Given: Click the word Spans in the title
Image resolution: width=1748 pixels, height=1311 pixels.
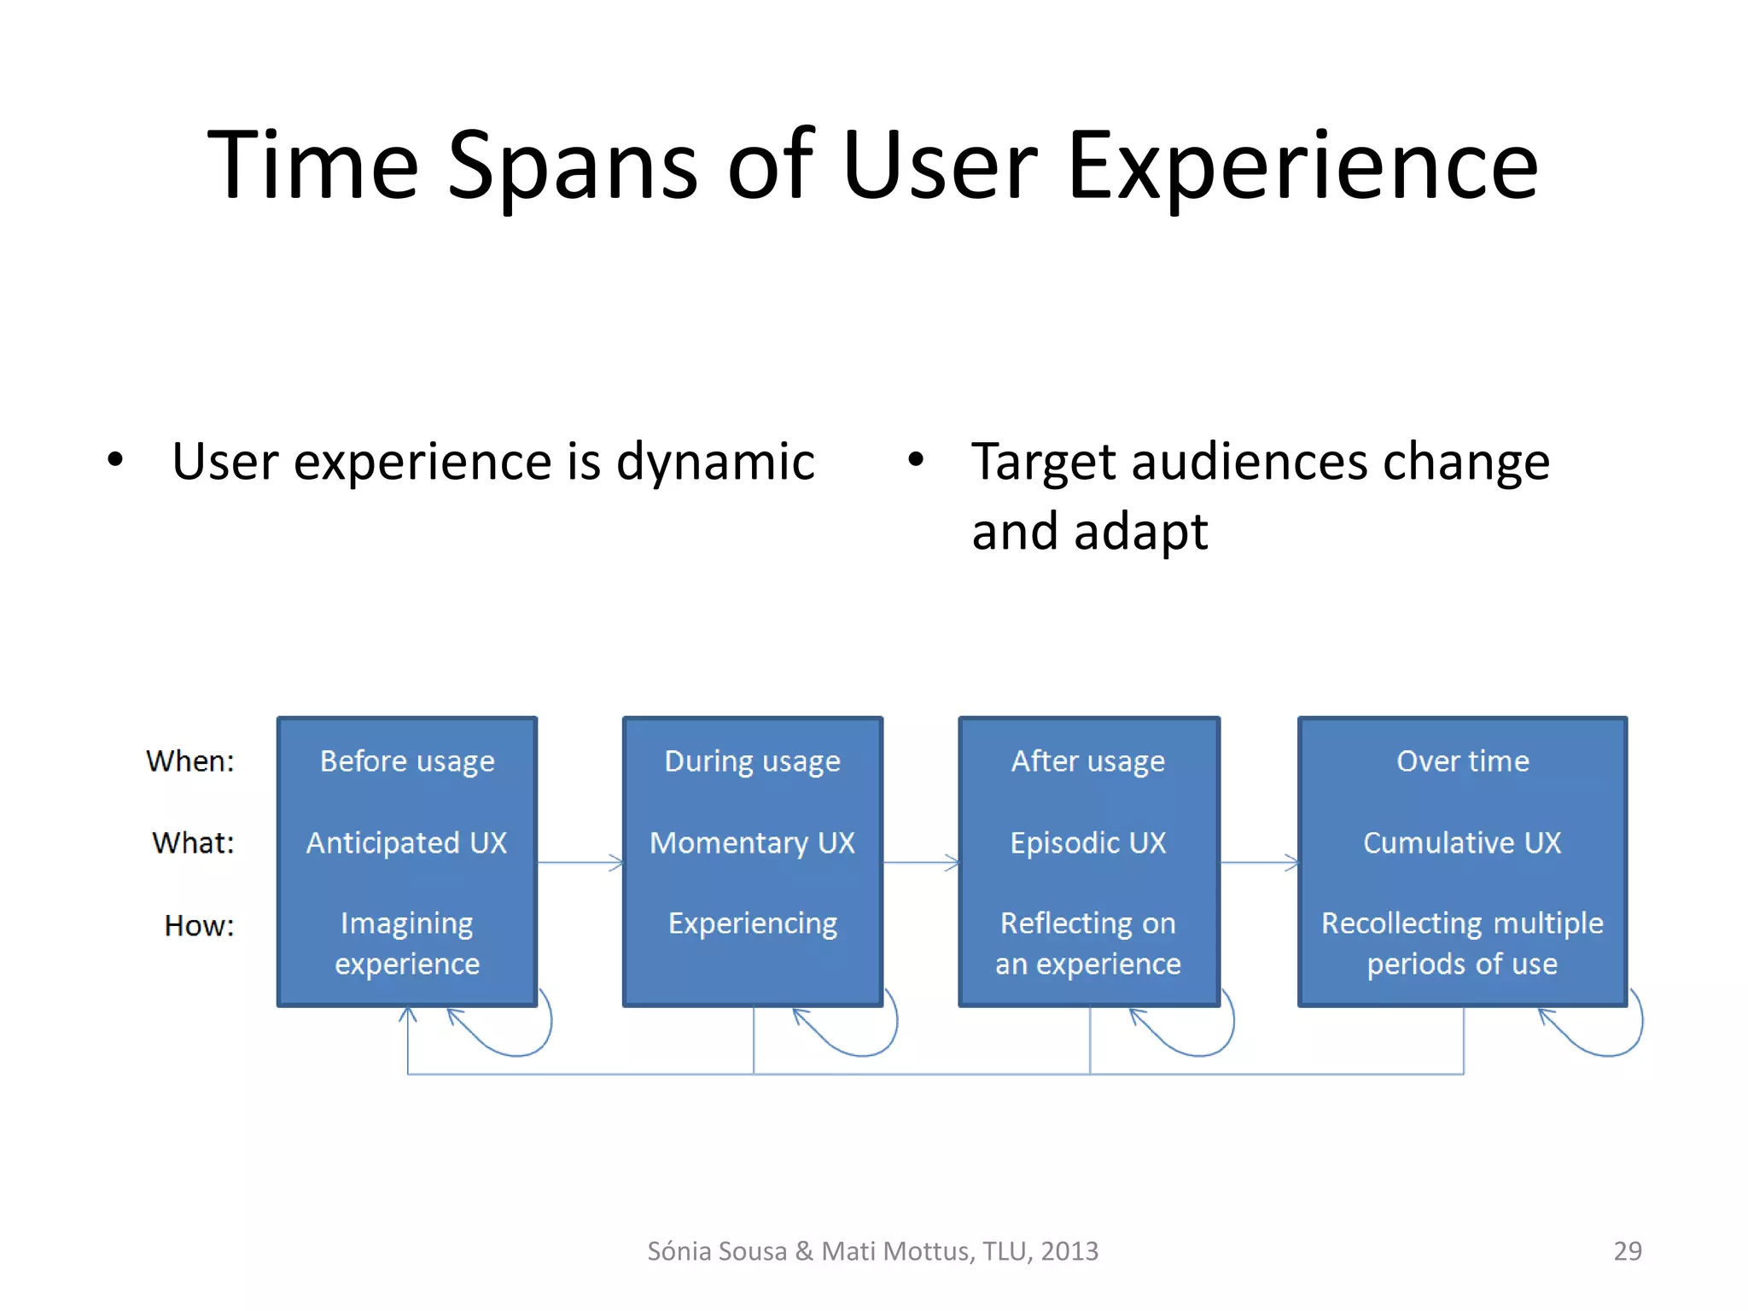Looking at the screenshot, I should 572,166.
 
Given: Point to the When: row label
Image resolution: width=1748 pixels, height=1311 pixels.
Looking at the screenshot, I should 189,760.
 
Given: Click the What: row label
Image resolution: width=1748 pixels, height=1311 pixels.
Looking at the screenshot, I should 193,842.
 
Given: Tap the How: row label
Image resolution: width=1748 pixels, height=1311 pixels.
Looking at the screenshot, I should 199,925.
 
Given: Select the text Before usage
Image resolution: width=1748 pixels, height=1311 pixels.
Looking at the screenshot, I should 407,760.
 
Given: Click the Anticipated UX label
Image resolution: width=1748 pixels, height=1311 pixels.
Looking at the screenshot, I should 407,842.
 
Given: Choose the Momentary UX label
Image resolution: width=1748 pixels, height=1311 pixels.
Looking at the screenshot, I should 752,842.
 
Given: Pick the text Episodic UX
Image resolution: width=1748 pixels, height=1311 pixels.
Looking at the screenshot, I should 1088,842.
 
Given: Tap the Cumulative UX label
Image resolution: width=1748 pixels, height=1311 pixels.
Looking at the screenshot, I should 1462,842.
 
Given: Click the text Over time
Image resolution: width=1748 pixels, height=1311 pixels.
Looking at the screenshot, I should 1462,760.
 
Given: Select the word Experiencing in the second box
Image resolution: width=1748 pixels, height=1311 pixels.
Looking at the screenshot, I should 752,924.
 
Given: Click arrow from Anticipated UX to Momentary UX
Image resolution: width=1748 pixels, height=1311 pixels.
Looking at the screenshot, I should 580,863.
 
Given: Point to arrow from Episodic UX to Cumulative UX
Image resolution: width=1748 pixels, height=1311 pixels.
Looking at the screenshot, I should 1259,863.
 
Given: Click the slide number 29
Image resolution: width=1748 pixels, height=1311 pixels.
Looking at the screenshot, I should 1627,1250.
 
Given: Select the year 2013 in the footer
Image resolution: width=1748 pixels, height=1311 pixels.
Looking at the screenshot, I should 1069,1250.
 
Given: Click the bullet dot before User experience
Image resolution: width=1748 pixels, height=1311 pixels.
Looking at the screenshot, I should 115,460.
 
